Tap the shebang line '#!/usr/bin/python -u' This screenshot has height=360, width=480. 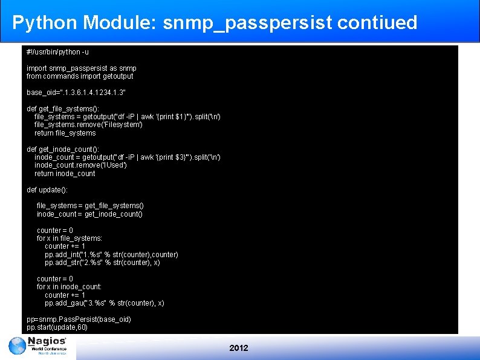click(x=57, y=52)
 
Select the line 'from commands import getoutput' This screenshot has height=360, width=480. click(x=80, y=76)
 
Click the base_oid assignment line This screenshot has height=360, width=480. click(x=76, y=93)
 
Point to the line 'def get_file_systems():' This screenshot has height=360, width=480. click(x=64, y=109)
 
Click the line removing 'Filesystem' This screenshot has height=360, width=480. click(x=88, y=125)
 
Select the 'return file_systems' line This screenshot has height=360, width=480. click(x=65, y=133)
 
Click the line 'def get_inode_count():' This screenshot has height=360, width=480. click(x=63, y=149)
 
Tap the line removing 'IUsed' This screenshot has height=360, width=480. click(x=80, y=165)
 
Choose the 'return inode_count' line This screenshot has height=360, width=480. click(x=65, y=174)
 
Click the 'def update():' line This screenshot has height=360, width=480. click(x=47, y=190)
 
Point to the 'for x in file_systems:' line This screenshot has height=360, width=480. click(x=70, y=238)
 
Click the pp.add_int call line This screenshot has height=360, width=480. click(x=111, y=255)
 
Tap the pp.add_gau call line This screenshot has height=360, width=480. click(x=104, y=303)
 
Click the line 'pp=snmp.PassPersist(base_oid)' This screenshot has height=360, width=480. click(x=79, y=319)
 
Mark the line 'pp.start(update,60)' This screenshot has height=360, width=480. click(x=57, y=327)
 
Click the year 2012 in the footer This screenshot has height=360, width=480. click(x=239, y=348)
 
